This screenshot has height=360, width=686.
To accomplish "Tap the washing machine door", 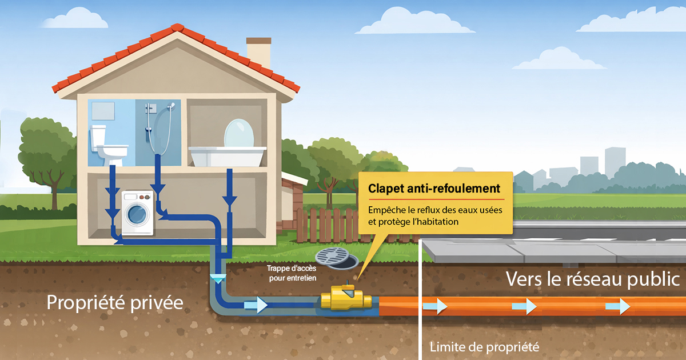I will point(136,214).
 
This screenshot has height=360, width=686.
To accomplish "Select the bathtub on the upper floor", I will point(228,155).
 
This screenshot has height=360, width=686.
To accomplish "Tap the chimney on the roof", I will point(258,53).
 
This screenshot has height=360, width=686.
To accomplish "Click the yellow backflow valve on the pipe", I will point(346,298).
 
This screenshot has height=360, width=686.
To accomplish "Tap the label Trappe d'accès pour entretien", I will point(292,273).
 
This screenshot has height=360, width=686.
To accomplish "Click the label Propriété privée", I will point(115,302).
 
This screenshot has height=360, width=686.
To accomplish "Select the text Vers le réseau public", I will point(593,279).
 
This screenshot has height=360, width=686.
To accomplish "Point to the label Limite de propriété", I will point(484,346).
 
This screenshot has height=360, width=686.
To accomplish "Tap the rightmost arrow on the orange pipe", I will point(617,307).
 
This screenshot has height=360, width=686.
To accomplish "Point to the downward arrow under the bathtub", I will point(230,200).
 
